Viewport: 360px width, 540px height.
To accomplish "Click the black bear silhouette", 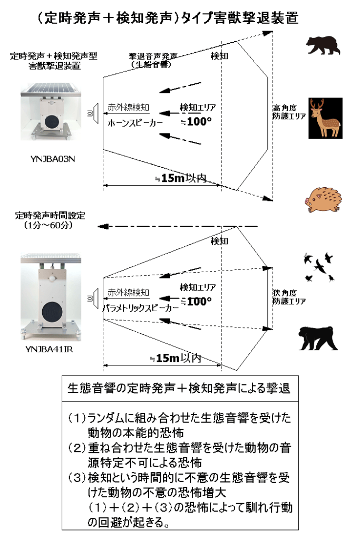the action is click(x=323, y=45).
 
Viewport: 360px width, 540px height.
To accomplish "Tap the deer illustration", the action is click(x=325, y=118).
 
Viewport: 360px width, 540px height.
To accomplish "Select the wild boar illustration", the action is click(x=323, y=199).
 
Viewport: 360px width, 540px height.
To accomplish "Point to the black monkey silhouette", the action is click(x=318, y=338).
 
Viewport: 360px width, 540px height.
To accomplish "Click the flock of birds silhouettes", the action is click(x=319, y=267).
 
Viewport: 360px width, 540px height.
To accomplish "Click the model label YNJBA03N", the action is click(x=53, y=159).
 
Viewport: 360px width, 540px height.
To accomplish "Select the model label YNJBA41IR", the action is click(x=49, y=349).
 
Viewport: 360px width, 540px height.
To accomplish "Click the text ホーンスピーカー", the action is click(x=135, y=123).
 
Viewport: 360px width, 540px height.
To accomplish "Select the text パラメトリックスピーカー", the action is click(x=141, y=308).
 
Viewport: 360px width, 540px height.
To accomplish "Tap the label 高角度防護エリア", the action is click(x=289, y=112).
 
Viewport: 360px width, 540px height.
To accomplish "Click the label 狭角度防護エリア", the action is click(x=289, y=297).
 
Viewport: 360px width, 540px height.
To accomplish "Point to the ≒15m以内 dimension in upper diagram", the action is click(x=181, y=178).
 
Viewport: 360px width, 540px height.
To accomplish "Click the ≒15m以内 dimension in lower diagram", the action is click(x=176, y=358).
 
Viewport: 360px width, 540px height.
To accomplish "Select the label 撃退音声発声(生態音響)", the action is click(x=153, y=60).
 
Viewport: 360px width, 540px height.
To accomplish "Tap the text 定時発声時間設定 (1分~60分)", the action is click(x=50, y=220).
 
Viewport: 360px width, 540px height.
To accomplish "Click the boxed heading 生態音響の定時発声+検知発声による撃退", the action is click(x=179, y=389).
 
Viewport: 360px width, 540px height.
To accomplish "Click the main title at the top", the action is click(x=168, y=17).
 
